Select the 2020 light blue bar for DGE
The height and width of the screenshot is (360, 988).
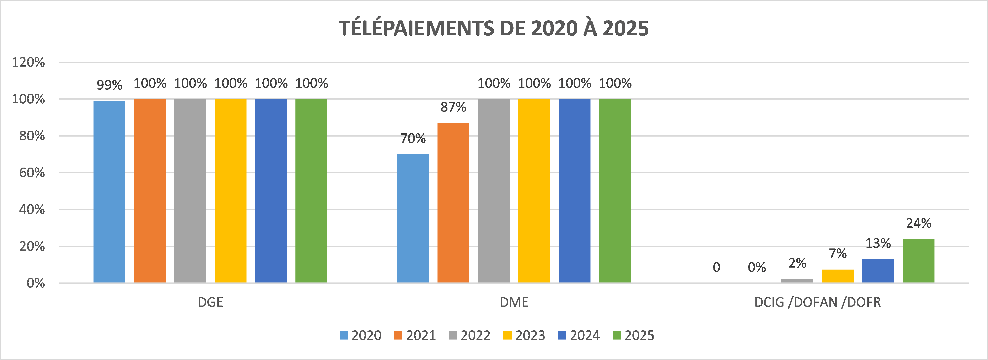(x=109, y=192)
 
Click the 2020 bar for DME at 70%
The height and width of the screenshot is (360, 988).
(x=413, y=218)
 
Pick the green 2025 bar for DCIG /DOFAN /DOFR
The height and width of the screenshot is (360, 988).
(x=918, y=261)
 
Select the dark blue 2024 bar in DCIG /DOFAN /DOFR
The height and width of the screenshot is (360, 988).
(x=878, y=271)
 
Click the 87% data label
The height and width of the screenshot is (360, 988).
(x=453, y=107)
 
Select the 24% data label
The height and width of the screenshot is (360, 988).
(x=918, y=223)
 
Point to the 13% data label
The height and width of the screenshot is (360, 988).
(x=878, y=243)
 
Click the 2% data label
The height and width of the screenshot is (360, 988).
(x=797, y=263)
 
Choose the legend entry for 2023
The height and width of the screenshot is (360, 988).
(x=524, y=336)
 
